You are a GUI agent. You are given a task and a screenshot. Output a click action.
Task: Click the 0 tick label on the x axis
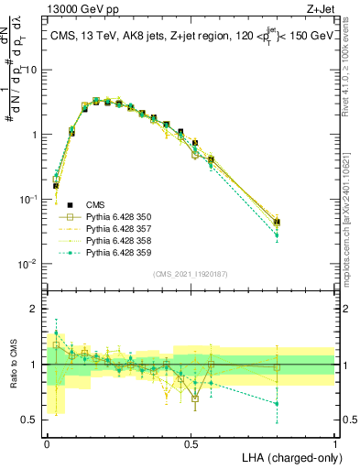pos(47,442)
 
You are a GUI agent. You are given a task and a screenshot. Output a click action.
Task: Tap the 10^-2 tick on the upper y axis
pos(31,264)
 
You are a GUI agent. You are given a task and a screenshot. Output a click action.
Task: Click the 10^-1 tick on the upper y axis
pos(31,199)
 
